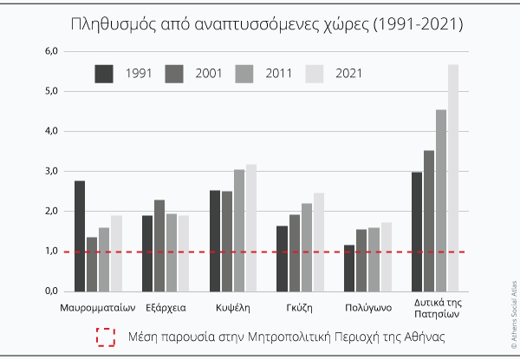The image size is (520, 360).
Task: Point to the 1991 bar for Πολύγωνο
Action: [350, 268]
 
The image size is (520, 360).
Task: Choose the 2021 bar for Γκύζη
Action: [319, 242]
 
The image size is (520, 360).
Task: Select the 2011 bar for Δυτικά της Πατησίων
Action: [441, 200]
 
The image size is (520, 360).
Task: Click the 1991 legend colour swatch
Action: [105, 75]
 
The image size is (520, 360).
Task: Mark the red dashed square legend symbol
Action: [106, 337]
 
